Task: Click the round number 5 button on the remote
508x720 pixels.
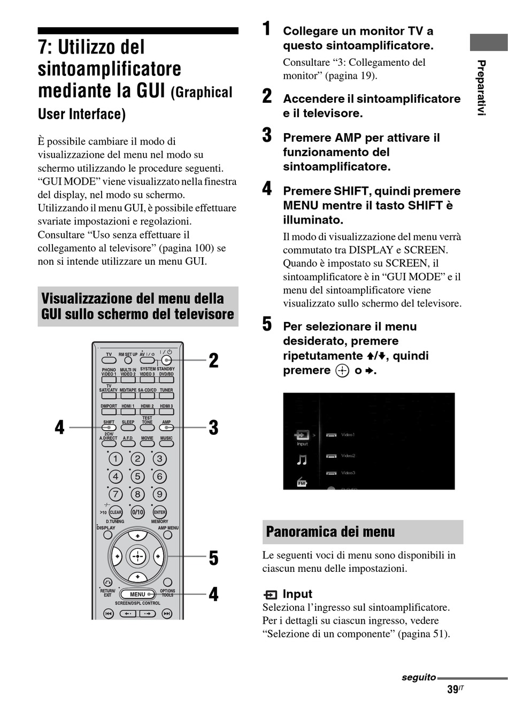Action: (137, 477)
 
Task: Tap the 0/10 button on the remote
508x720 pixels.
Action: (138, 512)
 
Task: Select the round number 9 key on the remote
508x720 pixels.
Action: (159, 494)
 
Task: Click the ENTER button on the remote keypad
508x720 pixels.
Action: (159, 512)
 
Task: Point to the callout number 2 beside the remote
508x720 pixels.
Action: (213, 361)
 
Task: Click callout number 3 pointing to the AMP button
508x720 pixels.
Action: (213, 427)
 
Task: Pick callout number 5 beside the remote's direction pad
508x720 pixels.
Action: (213, 558)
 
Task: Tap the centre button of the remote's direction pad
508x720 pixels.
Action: (137, 556)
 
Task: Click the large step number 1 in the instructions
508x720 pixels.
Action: (266, 29)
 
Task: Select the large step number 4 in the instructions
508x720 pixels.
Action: (267, 189)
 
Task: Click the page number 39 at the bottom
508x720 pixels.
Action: (453, 690)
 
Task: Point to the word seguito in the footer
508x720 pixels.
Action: (419, 677)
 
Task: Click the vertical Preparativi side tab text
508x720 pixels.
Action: (481, 88)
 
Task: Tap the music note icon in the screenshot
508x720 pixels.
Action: (302, 459)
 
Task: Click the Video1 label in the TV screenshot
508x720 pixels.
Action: (348, 435)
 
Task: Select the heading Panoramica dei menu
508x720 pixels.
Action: (330, 532)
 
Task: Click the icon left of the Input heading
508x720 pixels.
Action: (271, 594)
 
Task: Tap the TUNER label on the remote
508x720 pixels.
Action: (166, 390)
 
